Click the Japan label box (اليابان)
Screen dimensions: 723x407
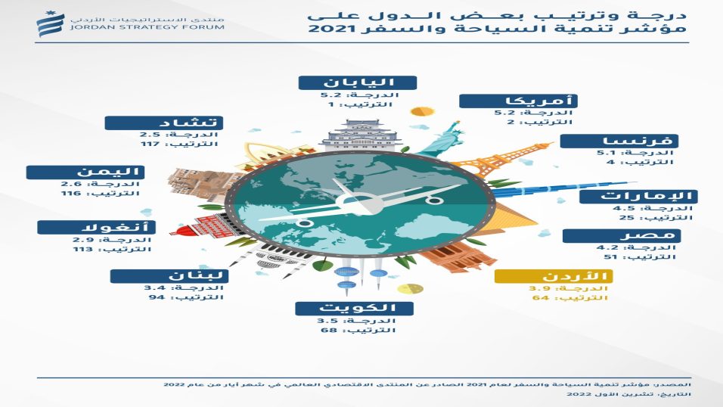pyautogui.click(x=358, y=83)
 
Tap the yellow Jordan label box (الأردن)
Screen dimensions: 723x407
pyautogui.click(x=554, y=276)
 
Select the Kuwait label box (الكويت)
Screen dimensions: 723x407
pyautogui.click(x=354, y=308)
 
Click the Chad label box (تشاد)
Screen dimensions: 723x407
pyautogui.click(x=163, y=123)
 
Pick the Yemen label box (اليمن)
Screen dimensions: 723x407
pyautogui.click(x=85, y=172)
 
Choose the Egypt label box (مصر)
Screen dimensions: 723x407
pyautogui.click(x=622, y=236)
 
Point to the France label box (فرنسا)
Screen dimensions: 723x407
pyautogui.click(x=619, y=141)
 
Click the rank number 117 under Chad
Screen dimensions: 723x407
pyautogui.click(x=150, y=144)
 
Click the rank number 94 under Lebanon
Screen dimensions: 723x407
pyautogui.click(x=157, y=297)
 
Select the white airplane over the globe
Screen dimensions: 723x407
pyautogui.click(x=361, y=203)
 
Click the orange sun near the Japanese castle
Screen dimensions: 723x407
pyautogui.click(x=421, y=112)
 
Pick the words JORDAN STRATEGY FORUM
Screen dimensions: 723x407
pyautogui.click(x=147, y=27)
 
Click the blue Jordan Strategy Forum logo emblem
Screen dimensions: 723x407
pyautogui.click(x=50, y=24)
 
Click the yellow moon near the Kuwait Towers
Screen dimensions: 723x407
pyautogui.click(x=411, y=289)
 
